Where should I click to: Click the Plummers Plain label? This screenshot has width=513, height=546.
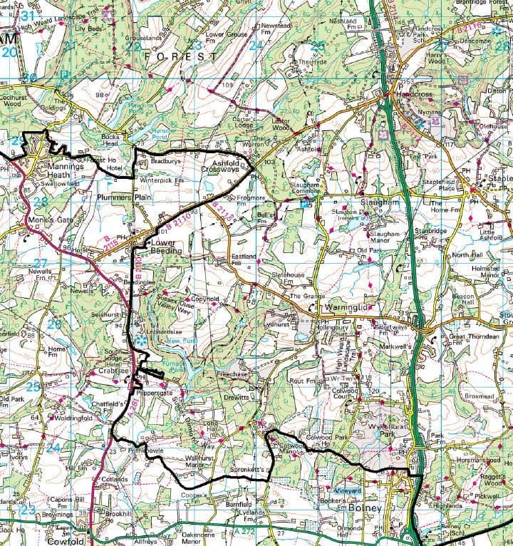click(125, 196)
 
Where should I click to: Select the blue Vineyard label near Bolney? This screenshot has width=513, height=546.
click(349, 491)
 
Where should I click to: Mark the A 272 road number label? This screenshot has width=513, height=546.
click(244, 532)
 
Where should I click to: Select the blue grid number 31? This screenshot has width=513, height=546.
click(28, 14)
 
